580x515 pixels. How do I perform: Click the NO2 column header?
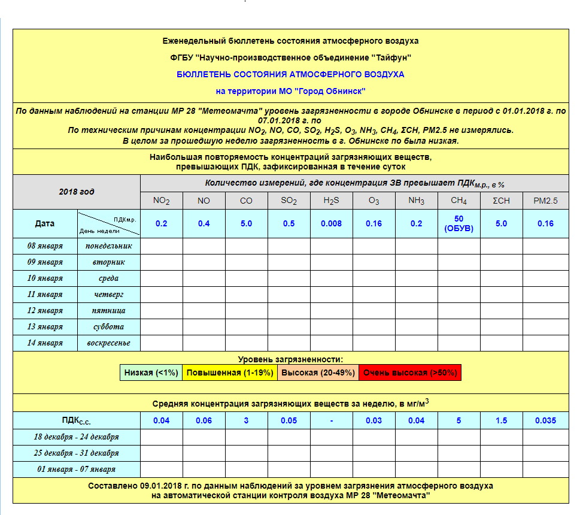[162, 201]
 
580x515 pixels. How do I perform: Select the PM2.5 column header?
[545, 201]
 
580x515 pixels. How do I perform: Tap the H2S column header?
[331, 201]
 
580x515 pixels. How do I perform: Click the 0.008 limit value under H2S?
[331, 223]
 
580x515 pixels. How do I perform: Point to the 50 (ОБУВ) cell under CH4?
[458, 223]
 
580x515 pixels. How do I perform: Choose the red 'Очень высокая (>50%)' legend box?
[410, 372]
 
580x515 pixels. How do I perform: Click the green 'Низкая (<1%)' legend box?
[151, 372]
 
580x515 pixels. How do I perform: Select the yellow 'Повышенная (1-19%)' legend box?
[229, 372]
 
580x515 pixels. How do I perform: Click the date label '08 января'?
[45, 246]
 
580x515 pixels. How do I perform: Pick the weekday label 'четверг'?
[108, 294]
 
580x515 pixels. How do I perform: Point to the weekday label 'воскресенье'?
[108, 343]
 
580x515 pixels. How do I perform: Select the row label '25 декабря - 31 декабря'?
[77, 453]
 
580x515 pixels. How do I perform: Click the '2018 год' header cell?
[77, 192]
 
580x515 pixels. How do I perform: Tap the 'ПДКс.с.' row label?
[77, 420]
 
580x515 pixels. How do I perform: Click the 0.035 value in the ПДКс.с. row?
[545, 420]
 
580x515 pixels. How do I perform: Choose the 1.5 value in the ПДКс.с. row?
[501, 420]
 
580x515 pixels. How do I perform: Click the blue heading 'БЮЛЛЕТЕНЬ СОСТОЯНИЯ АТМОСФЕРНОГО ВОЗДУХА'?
[290, 75]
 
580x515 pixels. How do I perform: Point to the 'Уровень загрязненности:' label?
[290, 359]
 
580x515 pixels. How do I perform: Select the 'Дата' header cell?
[45, 223]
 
